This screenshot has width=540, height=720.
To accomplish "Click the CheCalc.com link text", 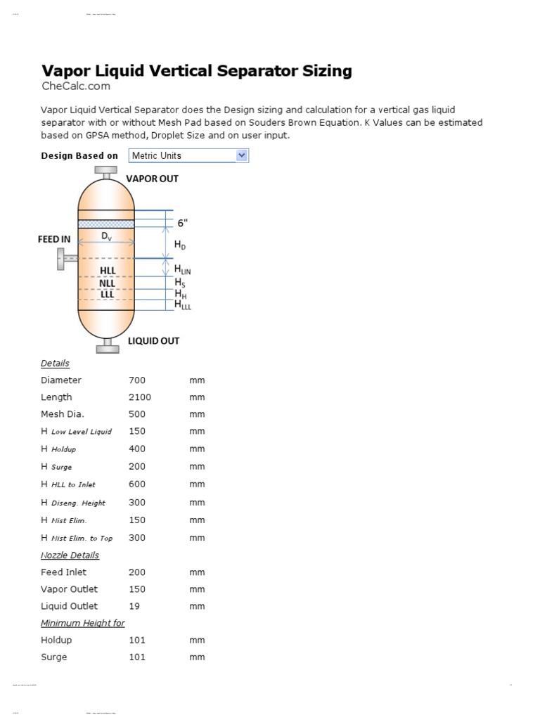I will tap(76, 86).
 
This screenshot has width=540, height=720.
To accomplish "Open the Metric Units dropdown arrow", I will tap(242, 155).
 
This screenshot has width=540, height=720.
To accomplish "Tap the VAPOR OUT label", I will tap(152, 179).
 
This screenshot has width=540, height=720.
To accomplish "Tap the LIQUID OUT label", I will tap(153, 341).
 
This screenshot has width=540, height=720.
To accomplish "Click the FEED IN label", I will tap(54, 239).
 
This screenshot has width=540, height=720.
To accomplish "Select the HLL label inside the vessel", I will tap(108, 270).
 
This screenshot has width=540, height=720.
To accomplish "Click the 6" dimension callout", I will tap(183, 223).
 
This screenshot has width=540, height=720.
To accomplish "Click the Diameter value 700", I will tap(136, 380).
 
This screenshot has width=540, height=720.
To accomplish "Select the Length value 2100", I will tap(139, 397).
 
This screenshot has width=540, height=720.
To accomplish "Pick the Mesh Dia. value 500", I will tap(136, 414).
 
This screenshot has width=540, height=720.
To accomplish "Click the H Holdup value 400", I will tap(136, 449).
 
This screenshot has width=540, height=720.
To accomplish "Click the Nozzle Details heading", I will tap(70, 555).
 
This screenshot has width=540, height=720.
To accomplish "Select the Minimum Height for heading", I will tap(82, 623).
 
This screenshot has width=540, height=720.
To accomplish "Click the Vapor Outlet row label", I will tap(69, 589).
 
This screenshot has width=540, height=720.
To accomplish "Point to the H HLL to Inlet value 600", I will tap(136, 484).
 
